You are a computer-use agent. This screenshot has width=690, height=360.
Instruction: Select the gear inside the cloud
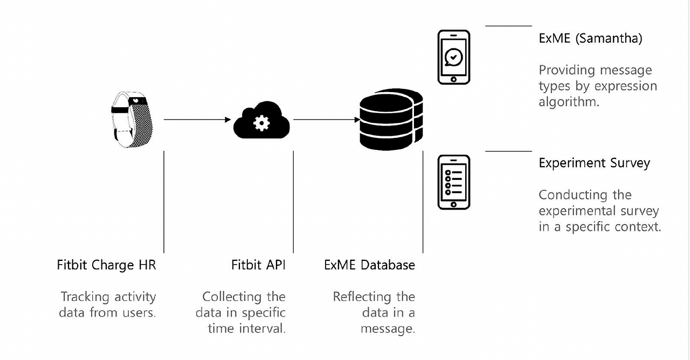coord(261,122)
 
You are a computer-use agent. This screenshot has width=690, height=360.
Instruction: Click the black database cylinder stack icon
coord(391,120)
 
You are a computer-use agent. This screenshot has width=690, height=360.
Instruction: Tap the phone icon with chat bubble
coord(453,57)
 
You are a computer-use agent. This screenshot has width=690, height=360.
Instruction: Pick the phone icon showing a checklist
coord(453,182)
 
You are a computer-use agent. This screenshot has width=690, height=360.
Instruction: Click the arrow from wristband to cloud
coord(197,119)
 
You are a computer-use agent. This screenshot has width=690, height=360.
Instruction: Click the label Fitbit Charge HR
coord(106,265)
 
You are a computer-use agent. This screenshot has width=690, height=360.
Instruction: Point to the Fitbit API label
coord(258,265)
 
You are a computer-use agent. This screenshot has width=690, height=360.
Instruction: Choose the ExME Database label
coord(369,265)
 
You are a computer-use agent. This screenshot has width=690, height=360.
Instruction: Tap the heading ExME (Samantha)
coord(590,39)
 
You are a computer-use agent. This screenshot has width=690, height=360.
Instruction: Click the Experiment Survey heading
coord(594,163)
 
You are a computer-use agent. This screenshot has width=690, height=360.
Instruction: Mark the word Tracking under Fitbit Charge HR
coord(85,297)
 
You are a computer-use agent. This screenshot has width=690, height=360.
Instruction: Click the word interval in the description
coord(263,329)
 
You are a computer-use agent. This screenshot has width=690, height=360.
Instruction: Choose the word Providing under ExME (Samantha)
coord(566,71)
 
